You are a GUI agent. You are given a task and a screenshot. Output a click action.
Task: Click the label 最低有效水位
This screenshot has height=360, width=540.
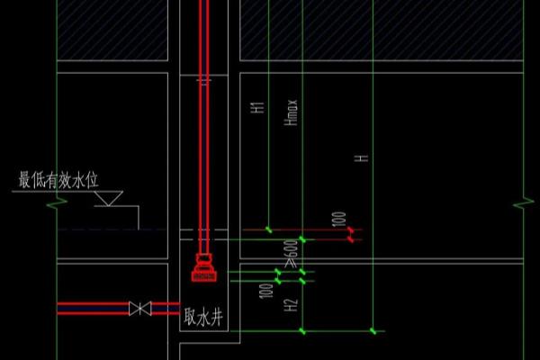click(58, 180)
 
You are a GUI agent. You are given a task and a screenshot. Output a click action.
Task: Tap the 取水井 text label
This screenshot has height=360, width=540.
click(203, 317)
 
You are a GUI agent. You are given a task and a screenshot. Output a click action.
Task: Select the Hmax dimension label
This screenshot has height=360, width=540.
click(291, 112)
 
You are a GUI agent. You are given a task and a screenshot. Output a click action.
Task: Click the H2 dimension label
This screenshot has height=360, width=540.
click(291, 305)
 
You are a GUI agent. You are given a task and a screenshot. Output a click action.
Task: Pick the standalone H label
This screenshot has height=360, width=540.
click(362, 158)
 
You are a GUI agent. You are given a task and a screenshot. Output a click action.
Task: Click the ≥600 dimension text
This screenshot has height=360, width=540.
click(291, 254)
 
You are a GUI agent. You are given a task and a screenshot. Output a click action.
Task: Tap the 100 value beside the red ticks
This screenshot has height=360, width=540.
click(338, 219)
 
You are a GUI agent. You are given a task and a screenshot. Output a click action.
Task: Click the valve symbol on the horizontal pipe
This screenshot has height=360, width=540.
click(140, 309)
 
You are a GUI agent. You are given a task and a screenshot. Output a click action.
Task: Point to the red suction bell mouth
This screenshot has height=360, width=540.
click(204, 268)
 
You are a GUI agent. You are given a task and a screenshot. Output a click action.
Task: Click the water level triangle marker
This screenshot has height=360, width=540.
click(109, 199)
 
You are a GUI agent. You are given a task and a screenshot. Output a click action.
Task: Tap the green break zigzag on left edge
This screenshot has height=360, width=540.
click(58, 203)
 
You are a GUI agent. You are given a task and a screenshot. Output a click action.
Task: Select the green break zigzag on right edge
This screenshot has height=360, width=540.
click(524, 203)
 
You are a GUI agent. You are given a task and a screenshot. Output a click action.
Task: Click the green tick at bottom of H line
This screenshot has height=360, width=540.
click(373, 331)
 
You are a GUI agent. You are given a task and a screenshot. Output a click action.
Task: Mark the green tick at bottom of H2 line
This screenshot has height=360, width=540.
click(302, 331)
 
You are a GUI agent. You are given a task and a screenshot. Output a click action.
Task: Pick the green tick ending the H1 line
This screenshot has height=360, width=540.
click(268, 229)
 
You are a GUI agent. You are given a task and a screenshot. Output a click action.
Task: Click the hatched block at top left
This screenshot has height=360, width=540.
click(112, 31)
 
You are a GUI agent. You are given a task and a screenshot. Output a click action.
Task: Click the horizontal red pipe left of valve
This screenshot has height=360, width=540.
click(93, 309)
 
